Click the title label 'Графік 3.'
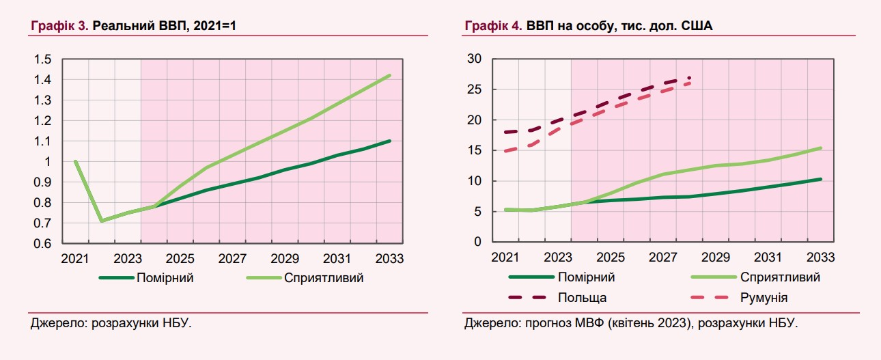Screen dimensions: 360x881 pos(59,27)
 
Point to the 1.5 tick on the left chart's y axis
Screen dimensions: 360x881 pos(43,59)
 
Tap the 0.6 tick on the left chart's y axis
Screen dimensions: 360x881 pos(43,244)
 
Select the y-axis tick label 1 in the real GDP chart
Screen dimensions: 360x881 pos(48,162)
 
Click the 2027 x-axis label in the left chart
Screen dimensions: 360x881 pos(233,260)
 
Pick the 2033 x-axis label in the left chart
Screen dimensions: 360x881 pos(390,260)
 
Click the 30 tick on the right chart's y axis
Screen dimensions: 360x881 pos(474,59)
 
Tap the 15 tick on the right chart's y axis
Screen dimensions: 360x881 pos(474,151)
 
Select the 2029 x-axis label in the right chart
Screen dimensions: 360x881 pos(716,258)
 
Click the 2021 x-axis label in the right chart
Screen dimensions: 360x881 pos(505,258)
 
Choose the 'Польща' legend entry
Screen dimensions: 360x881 pos(582,297)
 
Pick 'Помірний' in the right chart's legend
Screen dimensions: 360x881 pos(586,277)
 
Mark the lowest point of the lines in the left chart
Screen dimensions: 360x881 pos(102,221)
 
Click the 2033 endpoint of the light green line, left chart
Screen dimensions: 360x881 pos(390,75)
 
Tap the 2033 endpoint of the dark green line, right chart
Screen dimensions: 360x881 pos(820,179)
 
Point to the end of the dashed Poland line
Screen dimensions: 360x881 pos(690,78)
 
